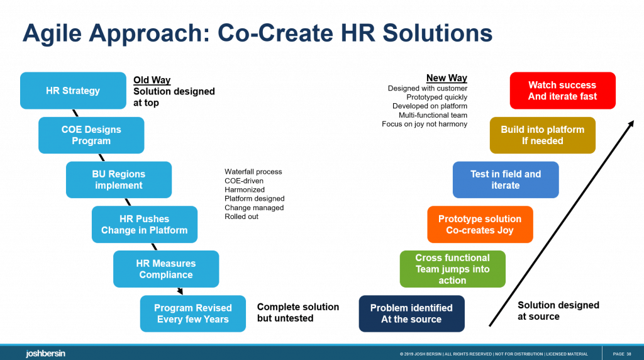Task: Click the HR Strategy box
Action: coord(73,91)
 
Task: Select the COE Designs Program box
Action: coord(91,135)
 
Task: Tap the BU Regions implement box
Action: coord(119,179)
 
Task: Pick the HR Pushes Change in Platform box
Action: coord(144,224)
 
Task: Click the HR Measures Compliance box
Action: coord(166,269)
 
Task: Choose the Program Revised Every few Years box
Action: coord(192,313)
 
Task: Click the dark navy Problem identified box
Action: coord(411,313)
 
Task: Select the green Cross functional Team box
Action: coord(453,269)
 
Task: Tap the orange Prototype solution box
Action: coord(480,224)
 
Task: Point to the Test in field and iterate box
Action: coord(506,179)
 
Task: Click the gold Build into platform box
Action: coord(543,135)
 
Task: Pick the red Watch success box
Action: coord(563,91)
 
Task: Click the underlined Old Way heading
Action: coord(152,81)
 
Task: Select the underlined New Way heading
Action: coord(447,78)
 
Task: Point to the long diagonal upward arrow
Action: coord(562,223)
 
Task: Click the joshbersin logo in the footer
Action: coord(45,354)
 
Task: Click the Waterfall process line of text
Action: coord(253,172)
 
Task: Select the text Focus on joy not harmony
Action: coord(425,124)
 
